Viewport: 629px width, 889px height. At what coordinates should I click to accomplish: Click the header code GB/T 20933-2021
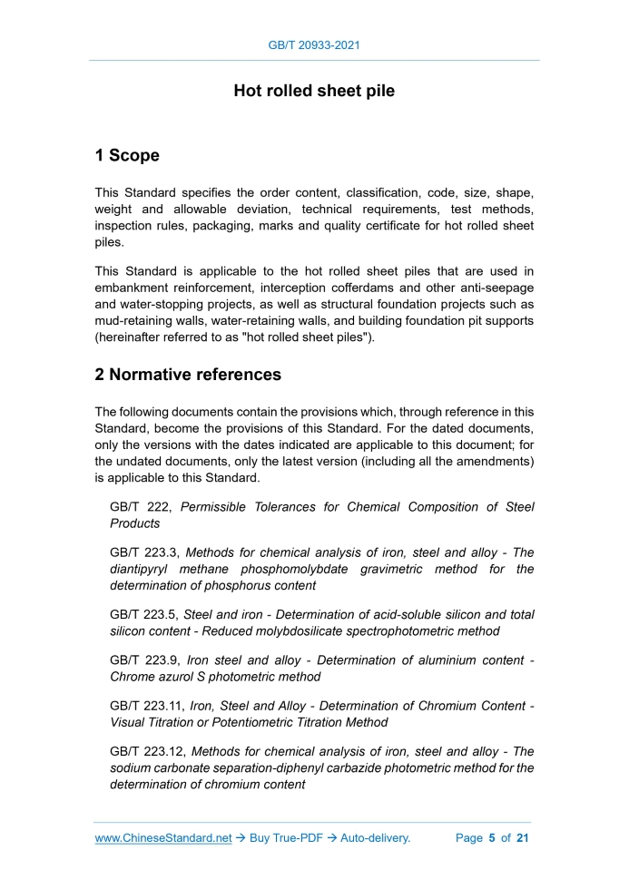[314, 44]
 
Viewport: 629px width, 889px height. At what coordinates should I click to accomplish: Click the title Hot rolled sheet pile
[314, 91]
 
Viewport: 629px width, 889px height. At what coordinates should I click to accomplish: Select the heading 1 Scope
[127, 155]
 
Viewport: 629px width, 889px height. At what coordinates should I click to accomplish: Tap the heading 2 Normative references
[188, 375]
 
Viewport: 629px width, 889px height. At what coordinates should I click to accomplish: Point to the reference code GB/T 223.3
[144, 552]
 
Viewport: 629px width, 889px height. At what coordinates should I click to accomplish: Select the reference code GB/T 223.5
[144, 614]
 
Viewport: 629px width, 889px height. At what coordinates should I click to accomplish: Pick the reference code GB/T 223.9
[144, 659]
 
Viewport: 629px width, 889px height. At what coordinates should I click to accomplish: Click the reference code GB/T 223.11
[148, 706]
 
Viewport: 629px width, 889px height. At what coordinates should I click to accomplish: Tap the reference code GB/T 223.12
[148, 751]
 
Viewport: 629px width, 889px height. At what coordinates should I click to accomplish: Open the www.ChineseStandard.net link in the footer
[163, 838]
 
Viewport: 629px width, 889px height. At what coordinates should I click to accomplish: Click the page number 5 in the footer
[491, 838]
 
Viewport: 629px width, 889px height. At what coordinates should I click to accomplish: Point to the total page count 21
[522, 838]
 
